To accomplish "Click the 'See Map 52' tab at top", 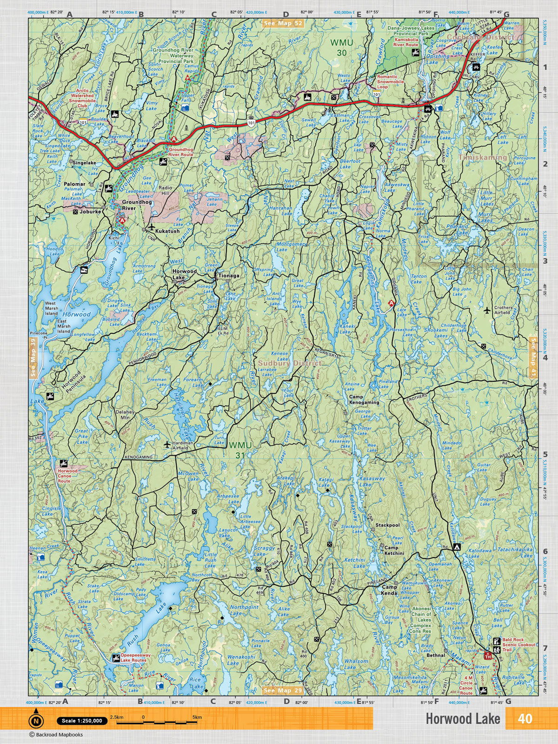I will coord(283,23).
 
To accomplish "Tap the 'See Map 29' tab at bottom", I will coord(283,691).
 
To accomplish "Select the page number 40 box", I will coord(525,718).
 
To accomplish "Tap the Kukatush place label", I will coord(167,231).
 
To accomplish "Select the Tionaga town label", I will coord(229,276).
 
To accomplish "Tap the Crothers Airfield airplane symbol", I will coord(487,310).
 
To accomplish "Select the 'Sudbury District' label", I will coord(290,363).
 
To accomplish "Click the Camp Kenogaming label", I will coord(364,399).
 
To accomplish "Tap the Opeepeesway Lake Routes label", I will coord(136,657).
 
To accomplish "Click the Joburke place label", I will coord(90,212).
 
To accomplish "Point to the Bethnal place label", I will coord(436,655).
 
